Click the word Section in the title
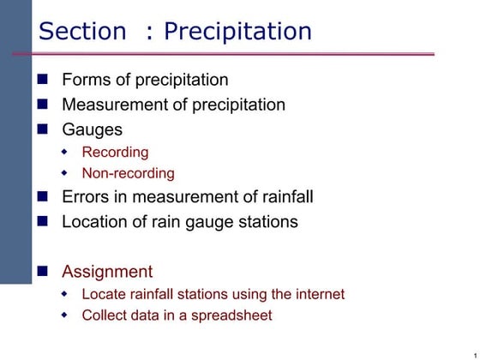(x=82, y=32)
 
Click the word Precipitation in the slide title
(x=237, y=32)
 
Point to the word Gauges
(x=92, y=130)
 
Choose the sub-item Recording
(x=115, y=153)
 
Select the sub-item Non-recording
(x=128, y=173)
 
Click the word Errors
(x=85, y=197)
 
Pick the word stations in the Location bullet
(x=265, y=222)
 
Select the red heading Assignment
(x=107, y=272)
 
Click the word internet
(x=313, y=294)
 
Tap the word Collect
(x=105, y=315)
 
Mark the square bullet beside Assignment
(x=44, y=272)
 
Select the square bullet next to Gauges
(x=44, y=130)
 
